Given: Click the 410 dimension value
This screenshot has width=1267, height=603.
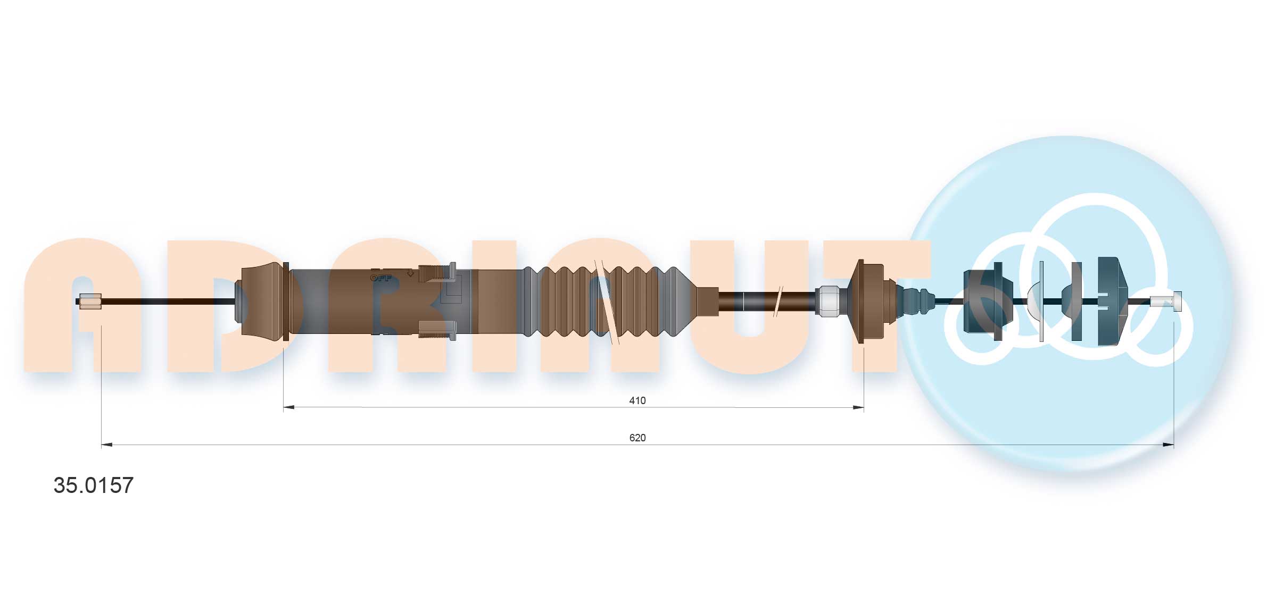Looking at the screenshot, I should coord(636,400).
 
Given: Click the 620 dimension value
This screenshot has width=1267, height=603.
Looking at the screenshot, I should coord(636,438).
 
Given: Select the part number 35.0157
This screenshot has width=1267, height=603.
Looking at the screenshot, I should coord(94,485).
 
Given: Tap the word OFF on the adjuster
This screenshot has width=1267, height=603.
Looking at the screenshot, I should coord(380,278).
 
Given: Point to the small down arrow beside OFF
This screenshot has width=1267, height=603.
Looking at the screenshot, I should coord(410,273).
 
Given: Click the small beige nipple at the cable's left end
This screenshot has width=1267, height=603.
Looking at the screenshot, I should coord(89,301).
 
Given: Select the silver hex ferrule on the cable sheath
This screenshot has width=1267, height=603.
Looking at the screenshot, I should coord(827,301).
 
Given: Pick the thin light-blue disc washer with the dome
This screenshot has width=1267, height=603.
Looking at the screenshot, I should coord(1040,301).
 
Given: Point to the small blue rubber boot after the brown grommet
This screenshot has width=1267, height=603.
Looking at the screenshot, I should coord(915,301).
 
